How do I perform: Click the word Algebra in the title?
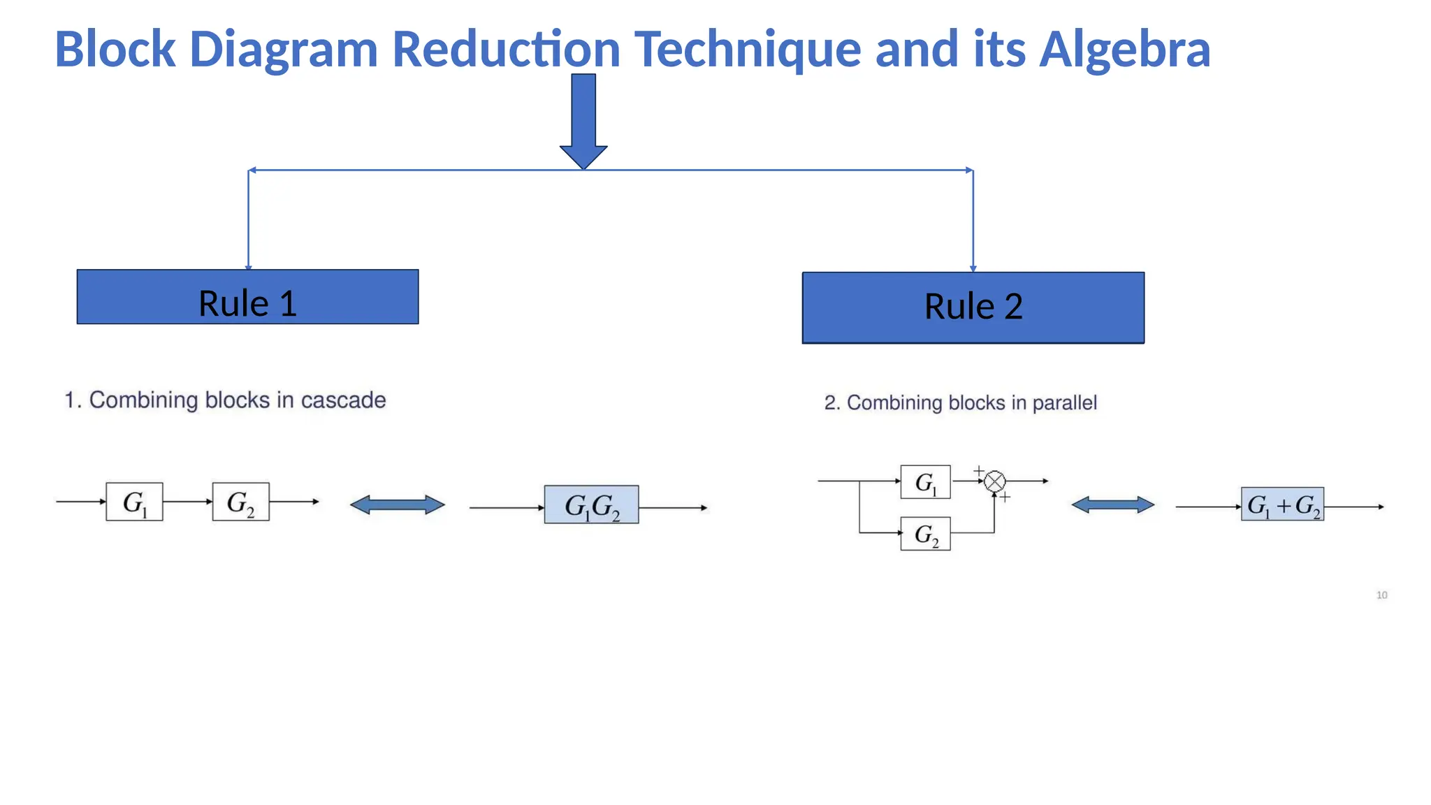(1124, 50)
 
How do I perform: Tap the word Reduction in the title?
(506, 50)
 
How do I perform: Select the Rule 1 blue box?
(247, 297)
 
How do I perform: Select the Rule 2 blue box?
(973, 307)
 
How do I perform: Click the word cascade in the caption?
(343, 400)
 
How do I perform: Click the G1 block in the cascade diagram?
(134, 502)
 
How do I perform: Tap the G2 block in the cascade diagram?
(240, 502)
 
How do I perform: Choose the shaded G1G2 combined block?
(591, 505)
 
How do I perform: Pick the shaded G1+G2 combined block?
(1282, 505)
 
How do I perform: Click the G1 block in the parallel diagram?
(925, 481)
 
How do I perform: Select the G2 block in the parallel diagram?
(925, 534)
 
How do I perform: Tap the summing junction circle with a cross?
(994, 481)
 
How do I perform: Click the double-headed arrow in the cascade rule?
(397, 505)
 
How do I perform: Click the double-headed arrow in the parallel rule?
(1112, 505)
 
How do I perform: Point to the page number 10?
(1381, 595)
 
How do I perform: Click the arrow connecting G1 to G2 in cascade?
(187, 502)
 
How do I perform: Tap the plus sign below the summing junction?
(1005, 498)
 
